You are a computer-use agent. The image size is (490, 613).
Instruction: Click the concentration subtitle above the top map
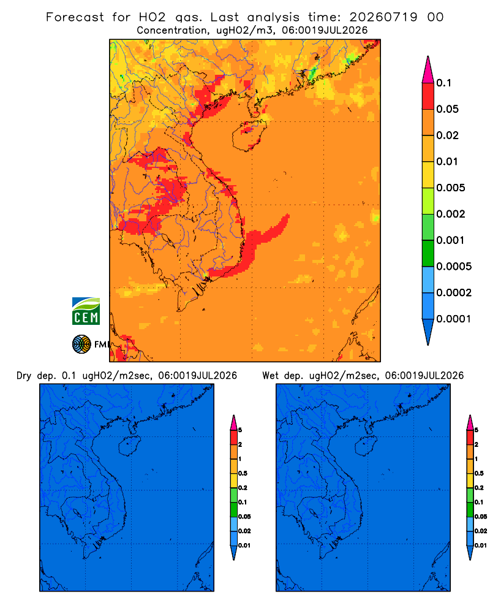[252, 31]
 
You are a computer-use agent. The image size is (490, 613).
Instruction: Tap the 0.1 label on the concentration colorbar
[443, 83]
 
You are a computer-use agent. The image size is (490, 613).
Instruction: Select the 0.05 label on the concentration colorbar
[447, 109]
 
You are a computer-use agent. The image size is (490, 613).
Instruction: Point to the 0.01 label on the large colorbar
[447, 161]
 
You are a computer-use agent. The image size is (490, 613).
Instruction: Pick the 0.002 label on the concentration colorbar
[451, 214]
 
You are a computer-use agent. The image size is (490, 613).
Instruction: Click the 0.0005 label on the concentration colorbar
[454, 266]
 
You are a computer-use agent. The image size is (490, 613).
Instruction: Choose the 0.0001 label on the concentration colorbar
[454, 319]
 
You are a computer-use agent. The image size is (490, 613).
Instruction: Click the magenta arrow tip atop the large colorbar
[428, 58]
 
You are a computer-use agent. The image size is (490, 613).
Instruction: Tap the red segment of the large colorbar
[428, 96]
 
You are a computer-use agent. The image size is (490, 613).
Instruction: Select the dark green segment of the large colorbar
[428, 253]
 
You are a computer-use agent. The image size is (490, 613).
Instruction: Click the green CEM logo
[86, 311]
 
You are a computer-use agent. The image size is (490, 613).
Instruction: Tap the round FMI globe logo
[81, 345]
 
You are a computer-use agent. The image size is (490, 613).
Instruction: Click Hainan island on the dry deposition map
[130, 446]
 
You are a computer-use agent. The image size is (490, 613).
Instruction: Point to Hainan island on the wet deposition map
[366, 446]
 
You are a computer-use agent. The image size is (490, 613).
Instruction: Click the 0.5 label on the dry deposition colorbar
[243, 473]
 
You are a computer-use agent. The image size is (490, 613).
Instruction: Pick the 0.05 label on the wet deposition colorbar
[481, 516]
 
